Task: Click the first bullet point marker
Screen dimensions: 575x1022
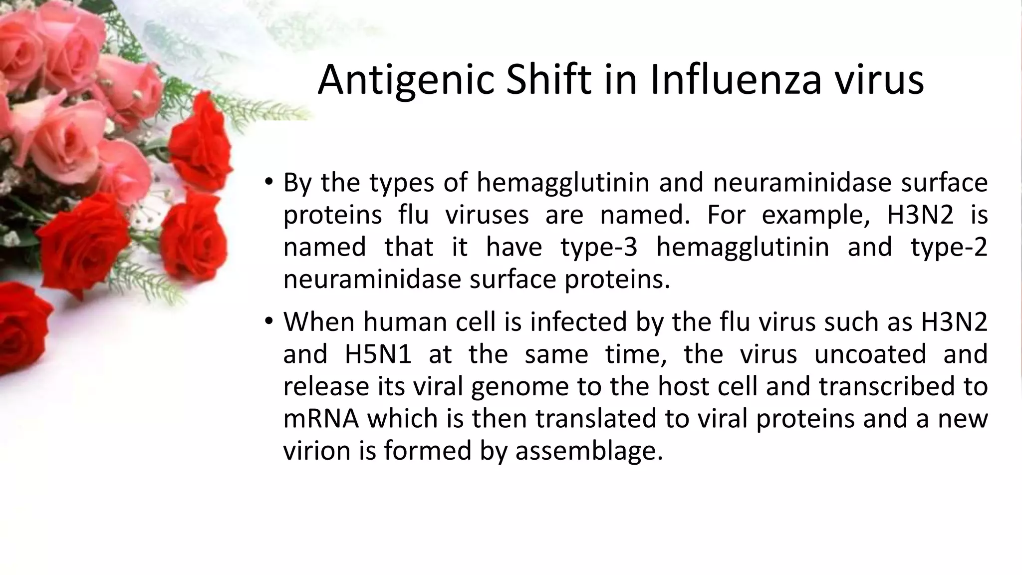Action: point(269,182)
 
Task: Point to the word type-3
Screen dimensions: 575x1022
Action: point(599,248)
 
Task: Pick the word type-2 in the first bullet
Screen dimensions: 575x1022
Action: point(949,248)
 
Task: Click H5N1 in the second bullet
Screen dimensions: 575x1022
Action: point(378,354)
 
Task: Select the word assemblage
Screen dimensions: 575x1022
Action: point(589,451)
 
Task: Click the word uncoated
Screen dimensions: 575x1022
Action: point(870,354)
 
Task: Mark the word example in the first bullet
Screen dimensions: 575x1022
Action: point(815,216)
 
